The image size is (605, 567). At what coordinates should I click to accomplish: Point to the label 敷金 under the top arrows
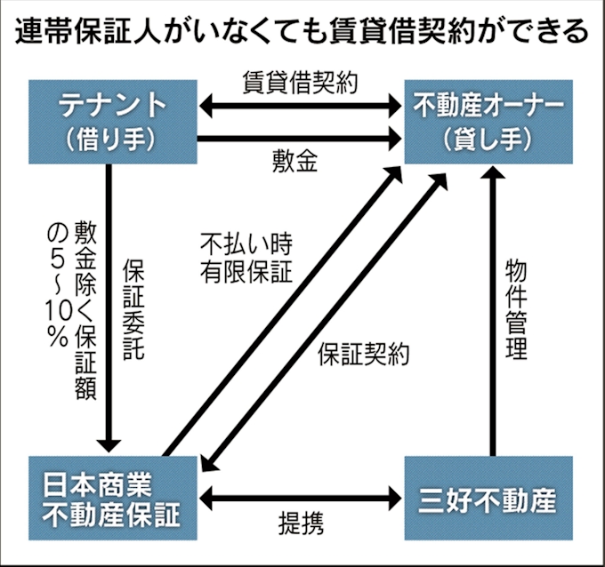pos(295,163)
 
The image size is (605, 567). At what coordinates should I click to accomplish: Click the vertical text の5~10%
pos(58,284)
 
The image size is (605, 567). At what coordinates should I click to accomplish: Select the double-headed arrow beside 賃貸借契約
pos(300,107)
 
